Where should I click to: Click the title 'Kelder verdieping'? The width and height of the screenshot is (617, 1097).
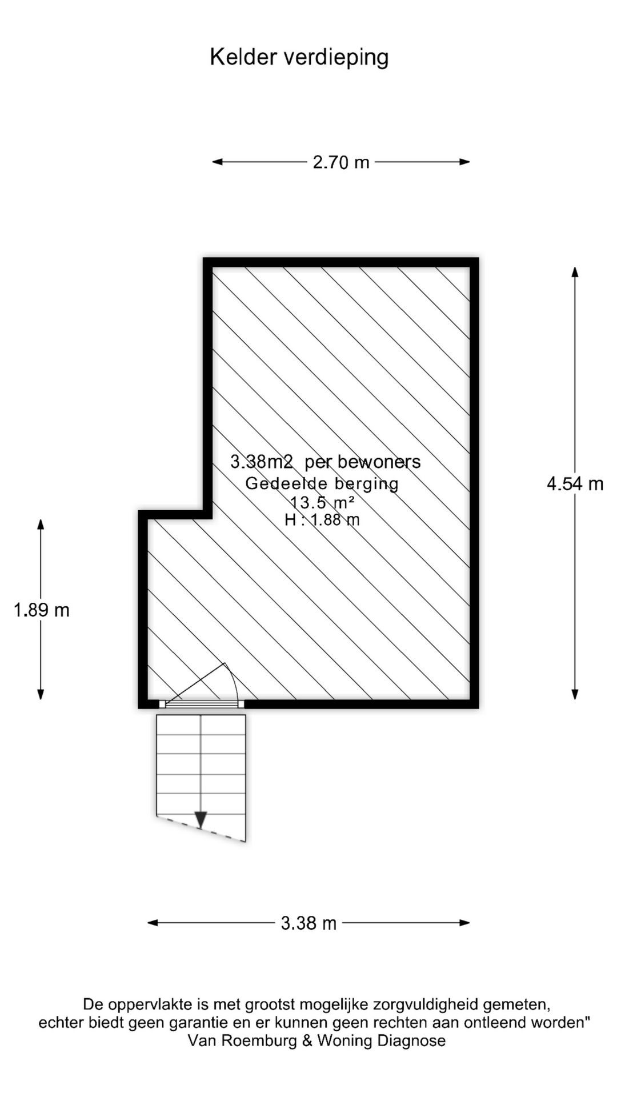tap(299, 58)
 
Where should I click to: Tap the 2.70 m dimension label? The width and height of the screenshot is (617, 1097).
tap(341, 162)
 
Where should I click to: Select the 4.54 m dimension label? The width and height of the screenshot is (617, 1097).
tap(575, 484)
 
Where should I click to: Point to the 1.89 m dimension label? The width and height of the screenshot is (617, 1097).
tap(42, 610)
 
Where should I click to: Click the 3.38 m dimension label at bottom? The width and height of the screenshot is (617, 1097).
tap(308, 923)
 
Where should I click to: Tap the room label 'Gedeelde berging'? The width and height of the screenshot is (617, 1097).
tap(322, 483)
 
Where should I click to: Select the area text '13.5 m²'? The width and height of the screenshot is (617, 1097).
tap(322, 502)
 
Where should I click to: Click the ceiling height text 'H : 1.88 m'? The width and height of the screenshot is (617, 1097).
tap(322, 519)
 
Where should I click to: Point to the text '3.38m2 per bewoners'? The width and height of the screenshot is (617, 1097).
tap(325, 462)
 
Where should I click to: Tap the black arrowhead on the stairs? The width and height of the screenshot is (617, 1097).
tap(201, 820)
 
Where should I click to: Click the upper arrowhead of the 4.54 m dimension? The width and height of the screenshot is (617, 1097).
tap(575, 272)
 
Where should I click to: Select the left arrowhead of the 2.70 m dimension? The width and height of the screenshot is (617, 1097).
tap(218, 162)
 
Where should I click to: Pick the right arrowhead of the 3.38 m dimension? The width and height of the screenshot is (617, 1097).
tap(464, 922)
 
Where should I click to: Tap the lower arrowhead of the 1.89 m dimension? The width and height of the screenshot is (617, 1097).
tap(41, 694)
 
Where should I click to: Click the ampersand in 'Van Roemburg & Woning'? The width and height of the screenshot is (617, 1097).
tap(307, 1040)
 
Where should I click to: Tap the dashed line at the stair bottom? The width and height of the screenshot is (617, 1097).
tap(201, 830)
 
